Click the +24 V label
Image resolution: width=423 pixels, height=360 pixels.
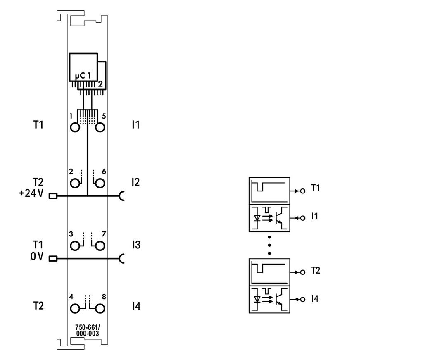31,193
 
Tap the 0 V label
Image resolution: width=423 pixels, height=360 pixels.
37,256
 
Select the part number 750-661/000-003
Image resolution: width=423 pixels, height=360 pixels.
88,330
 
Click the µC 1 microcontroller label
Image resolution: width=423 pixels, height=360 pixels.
83,76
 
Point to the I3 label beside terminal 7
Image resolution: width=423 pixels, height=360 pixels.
136,245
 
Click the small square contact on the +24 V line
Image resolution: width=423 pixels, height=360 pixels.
53,196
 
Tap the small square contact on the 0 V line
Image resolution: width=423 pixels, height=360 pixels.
53,259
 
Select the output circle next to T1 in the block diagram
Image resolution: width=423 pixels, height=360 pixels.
303,191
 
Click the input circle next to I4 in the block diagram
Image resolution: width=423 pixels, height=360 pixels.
303,299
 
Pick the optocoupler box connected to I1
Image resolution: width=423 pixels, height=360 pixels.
269,218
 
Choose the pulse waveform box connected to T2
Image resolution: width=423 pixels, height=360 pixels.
269,272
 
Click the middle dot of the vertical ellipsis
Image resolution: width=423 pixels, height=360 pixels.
269,246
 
